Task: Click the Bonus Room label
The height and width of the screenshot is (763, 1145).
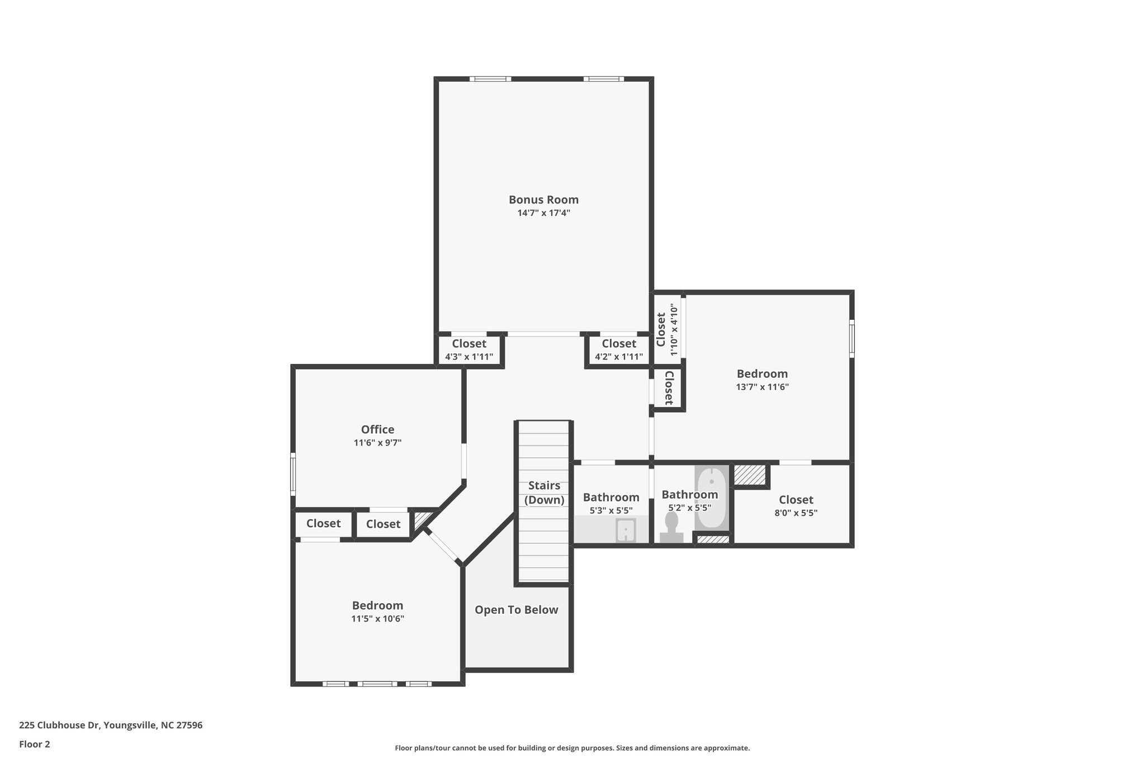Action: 543,200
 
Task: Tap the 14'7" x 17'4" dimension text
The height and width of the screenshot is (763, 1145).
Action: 543,213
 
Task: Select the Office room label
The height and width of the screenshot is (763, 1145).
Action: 377,429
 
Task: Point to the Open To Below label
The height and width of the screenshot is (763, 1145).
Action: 516,610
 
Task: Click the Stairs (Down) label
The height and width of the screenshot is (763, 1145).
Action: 544,492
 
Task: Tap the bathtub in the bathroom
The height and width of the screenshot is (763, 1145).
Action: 712,497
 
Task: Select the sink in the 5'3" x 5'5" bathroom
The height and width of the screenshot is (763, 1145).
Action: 626,530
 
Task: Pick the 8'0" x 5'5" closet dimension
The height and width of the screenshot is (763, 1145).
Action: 796,513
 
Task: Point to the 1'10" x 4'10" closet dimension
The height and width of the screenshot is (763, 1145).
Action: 674,330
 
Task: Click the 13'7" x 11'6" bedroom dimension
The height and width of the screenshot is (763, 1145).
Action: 762,387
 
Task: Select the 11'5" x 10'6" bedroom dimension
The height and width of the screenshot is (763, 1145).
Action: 377,619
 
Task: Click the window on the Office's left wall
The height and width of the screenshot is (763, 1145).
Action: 293,474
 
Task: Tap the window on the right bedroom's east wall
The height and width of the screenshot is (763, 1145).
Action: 851,338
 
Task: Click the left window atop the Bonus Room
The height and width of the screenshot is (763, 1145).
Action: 490,79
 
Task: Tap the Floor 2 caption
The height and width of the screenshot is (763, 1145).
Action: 35,744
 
